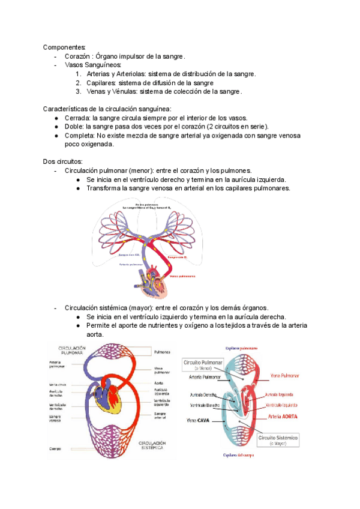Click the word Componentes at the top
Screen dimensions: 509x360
[x=64, y=47]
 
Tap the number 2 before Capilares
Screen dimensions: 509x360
[x=79, y=83]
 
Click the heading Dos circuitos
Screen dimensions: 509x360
[x=63, y=162]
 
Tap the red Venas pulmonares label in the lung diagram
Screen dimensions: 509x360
[x=182, y=277]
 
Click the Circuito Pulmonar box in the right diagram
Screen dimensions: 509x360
[x=203, y=365]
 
